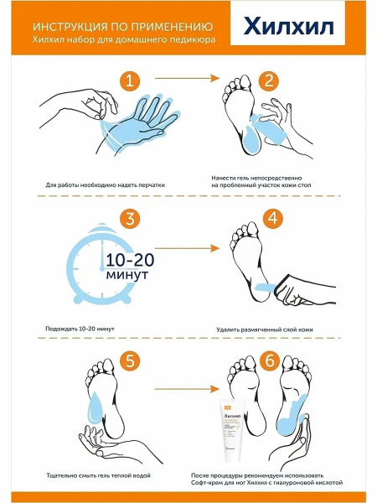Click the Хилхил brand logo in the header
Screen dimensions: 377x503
coord(288,26)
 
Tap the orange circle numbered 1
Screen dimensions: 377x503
coord(130,80)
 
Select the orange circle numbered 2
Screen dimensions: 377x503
coord(269,80)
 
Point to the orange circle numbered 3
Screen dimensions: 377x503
coord(130,219)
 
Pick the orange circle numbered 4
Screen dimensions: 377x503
coord(273,219)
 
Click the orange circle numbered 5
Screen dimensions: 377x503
coord(130,360)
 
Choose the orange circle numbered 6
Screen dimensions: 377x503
coord(270,360)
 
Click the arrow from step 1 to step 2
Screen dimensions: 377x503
coord(187,78)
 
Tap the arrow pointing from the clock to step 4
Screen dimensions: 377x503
coord(187,248)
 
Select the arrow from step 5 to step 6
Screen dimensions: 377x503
coord(187,389)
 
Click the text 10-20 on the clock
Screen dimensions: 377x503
coord(130,260)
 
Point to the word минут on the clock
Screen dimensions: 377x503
coord(127,275)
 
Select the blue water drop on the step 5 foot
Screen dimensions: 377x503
coord(96,407)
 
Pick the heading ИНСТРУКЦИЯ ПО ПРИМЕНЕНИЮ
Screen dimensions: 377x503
coord(123,27)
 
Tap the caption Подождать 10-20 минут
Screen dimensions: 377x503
coord(80,329)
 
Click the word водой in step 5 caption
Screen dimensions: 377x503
coord(141,475)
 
